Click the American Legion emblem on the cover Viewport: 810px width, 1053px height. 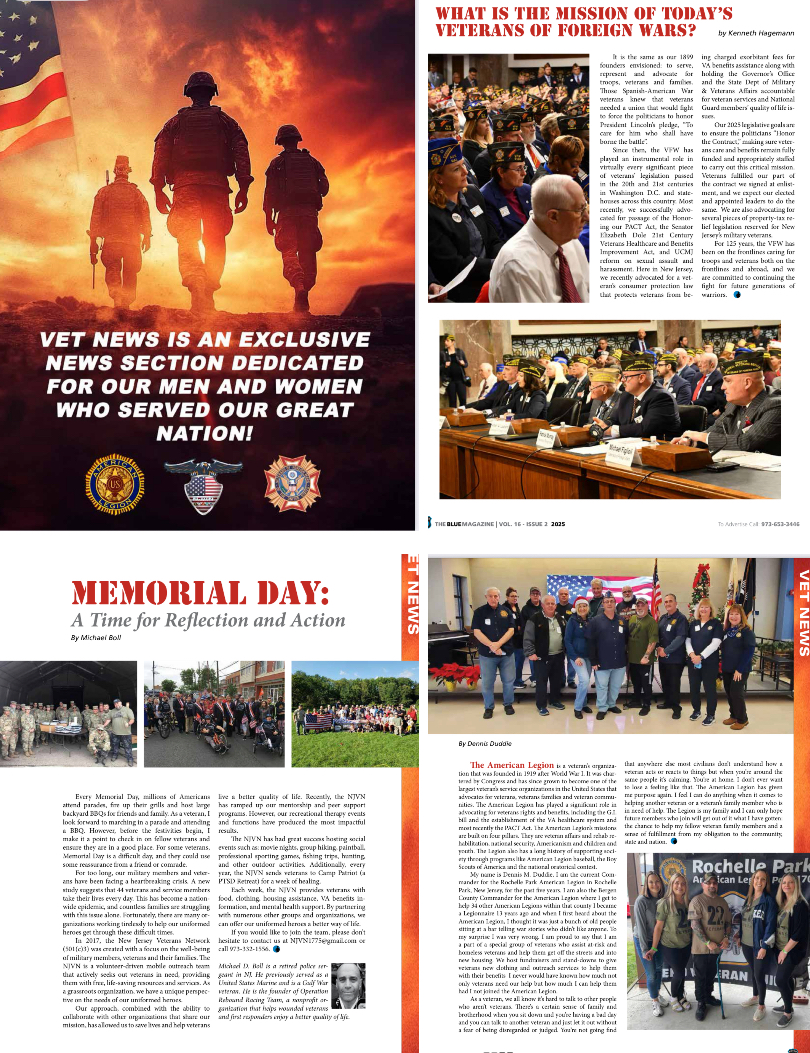[112, 485]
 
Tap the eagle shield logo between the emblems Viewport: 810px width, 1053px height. [202, 487]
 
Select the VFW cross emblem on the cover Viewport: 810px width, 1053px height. [292, 484]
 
